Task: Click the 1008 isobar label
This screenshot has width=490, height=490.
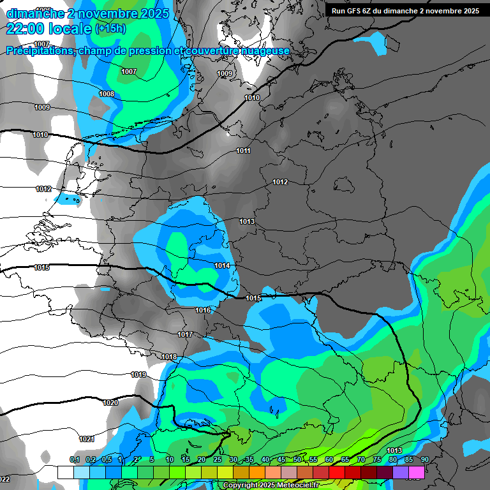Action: point(107,94)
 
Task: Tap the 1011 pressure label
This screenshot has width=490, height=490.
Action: point(243,151)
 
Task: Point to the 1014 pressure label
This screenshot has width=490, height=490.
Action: point(222,265)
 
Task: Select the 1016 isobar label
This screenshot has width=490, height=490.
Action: point(203,310)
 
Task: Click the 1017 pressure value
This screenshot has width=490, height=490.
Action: point(185,334)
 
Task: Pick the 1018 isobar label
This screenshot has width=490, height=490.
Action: point(169,357)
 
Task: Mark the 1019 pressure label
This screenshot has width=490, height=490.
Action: point(138,375)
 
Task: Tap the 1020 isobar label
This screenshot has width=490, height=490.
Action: point(110,403)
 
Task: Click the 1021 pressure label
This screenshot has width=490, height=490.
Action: point(87,439)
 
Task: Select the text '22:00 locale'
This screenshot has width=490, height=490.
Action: point(48,28)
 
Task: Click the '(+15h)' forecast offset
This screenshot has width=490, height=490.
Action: point(110,29)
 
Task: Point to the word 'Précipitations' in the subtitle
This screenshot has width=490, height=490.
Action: point(40,51)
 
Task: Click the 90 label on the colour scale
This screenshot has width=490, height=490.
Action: point(424,460)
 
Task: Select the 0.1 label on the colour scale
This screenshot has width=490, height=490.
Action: point(75,460)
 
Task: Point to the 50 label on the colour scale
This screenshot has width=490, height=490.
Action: point(297,460)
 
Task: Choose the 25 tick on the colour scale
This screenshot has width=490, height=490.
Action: point(218,460)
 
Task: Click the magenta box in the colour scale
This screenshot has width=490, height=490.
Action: point(416,472)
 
